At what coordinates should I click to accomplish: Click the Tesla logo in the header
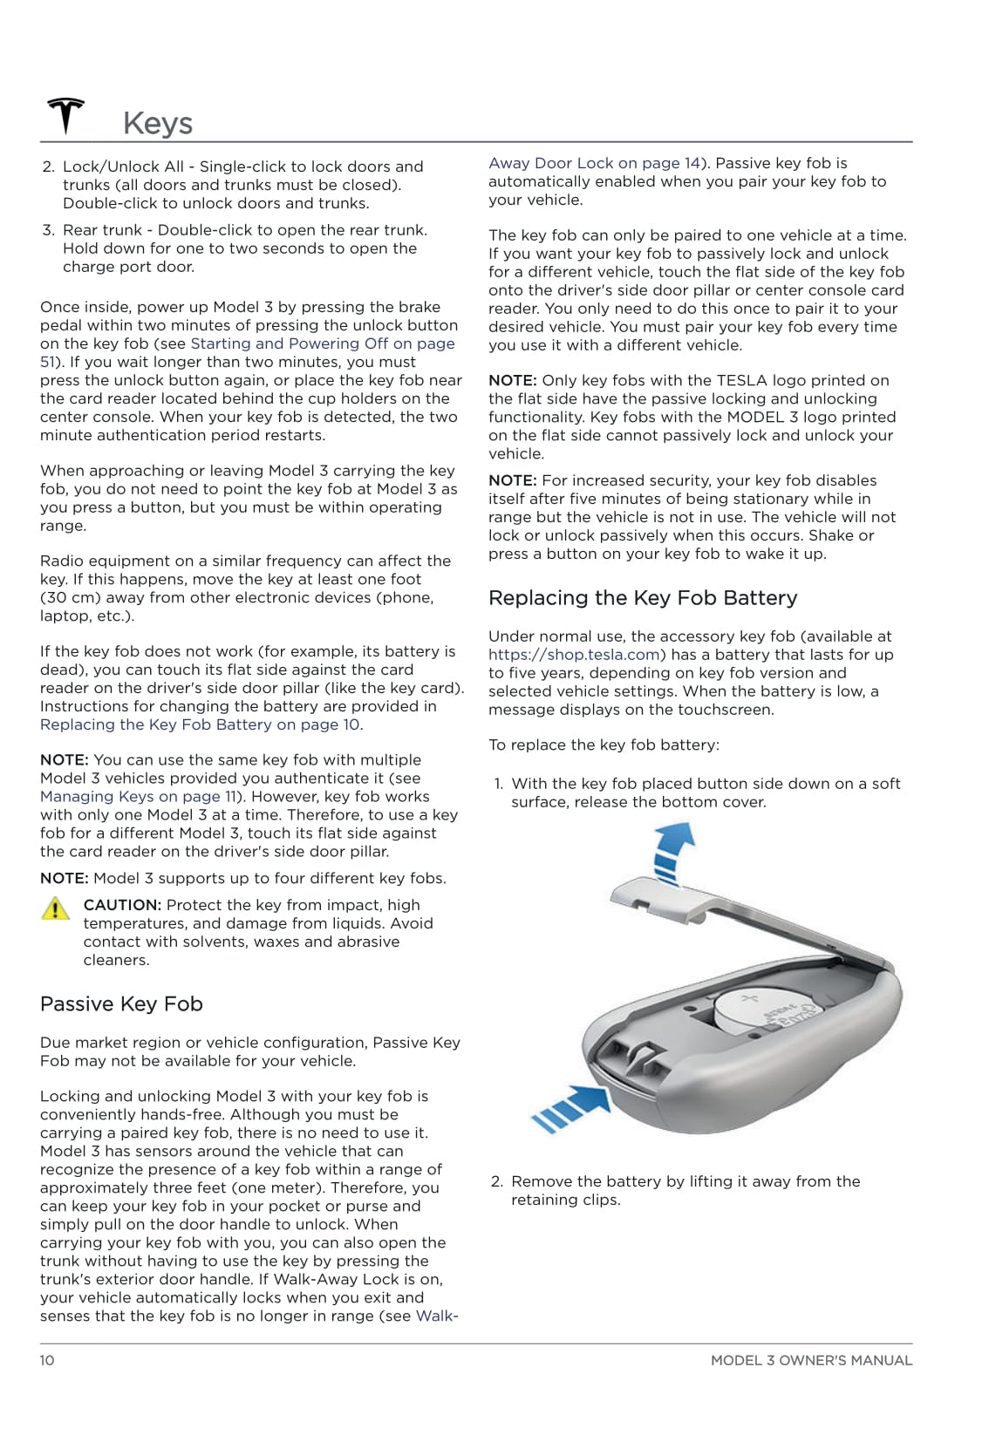pos(65,116)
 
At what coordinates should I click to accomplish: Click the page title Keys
pos(158,123)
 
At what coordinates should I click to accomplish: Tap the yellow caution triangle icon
pos(55,908)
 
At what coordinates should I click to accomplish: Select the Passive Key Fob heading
pos(121,1004)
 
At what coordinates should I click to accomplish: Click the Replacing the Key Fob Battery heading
pos(643,598)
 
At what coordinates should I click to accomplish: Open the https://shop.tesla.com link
pos(574,655)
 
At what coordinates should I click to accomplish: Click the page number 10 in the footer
pos(47,1360)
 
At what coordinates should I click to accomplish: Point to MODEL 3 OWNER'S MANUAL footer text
pos(811,1360)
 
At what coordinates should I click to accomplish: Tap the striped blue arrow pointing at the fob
pos(571,1108)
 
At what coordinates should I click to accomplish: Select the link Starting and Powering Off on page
pos(323,343)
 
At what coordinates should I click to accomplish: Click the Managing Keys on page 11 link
pos(138,797)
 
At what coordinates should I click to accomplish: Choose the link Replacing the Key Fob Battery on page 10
pos(200,725)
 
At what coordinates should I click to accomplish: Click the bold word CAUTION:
pos(122,905)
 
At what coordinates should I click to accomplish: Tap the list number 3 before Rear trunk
pos(49,230)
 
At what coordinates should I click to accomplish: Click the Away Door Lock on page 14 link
pos(594,163)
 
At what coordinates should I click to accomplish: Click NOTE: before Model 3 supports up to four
pos(65,878)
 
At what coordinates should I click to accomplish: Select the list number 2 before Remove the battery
pos(496,1181)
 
